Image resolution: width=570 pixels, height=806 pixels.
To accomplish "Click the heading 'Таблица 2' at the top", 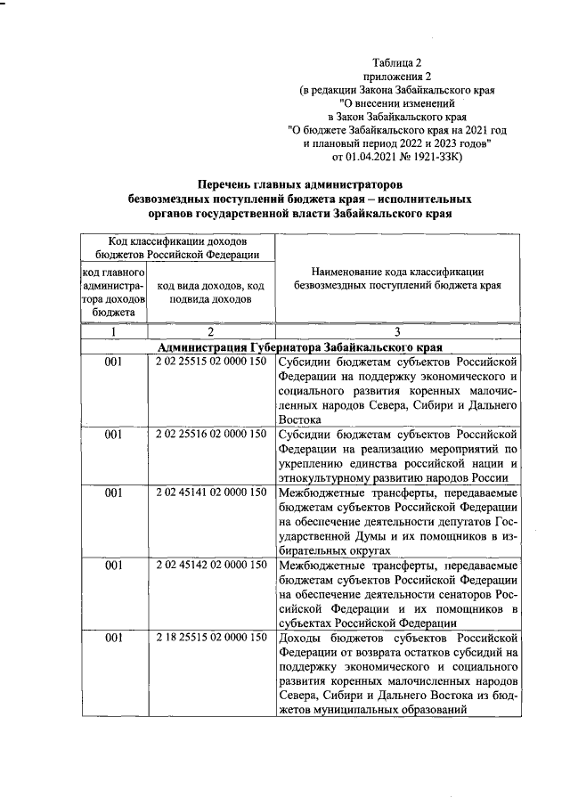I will (397, 62).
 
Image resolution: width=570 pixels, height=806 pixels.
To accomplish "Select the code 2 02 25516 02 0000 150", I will (210, 435).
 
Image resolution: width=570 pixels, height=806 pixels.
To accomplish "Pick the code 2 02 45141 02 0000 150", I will (210, 492).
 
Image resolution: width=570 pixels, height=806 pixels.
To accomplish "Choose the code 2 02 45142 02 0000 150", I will (210, 565).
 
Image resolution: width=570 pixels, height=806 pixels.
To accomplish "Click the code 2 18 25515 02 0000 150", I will (210, 638).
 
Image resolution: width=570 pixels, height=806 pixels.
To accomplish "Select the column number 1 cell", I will (113, 332).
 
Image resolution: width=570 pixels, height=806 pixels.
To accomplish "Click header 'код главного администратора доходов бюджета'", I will (113, 291).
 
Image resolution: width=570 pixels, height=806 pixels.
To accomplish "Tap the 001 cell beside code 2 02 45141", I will (113, 492).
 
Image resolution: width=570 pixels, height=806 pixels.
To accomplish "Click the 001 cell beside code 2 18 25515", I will (113, 638).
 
